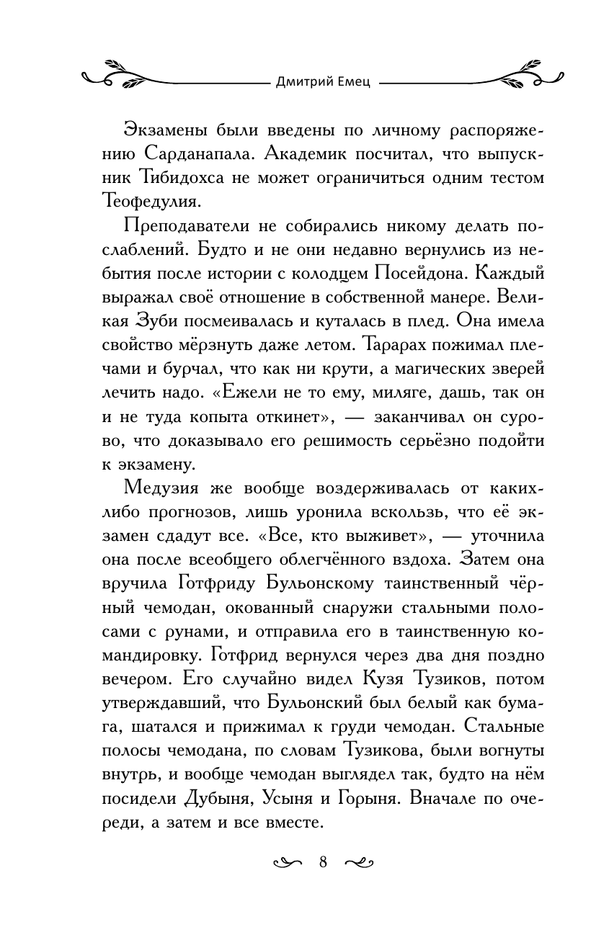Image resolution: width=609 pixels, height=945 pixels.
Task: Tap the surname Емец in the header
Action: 354,81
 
